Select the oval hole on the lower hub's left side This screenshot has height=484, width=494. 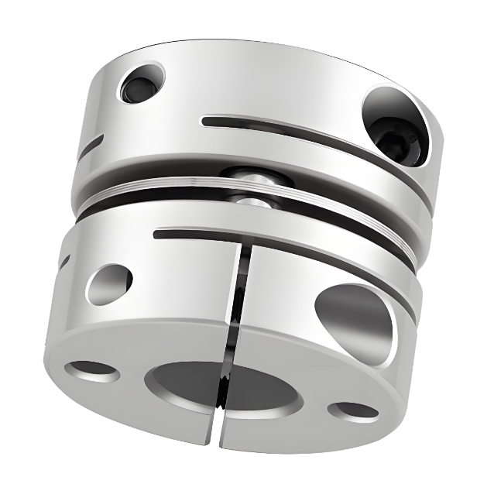pos(109,283)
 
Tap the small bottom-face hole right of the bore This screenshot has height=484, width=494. pos(353,410)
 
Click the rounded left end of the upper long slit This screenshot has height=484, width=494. pos(205,121)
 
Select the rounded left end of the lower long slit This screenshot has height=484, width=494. pos(158,232)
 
